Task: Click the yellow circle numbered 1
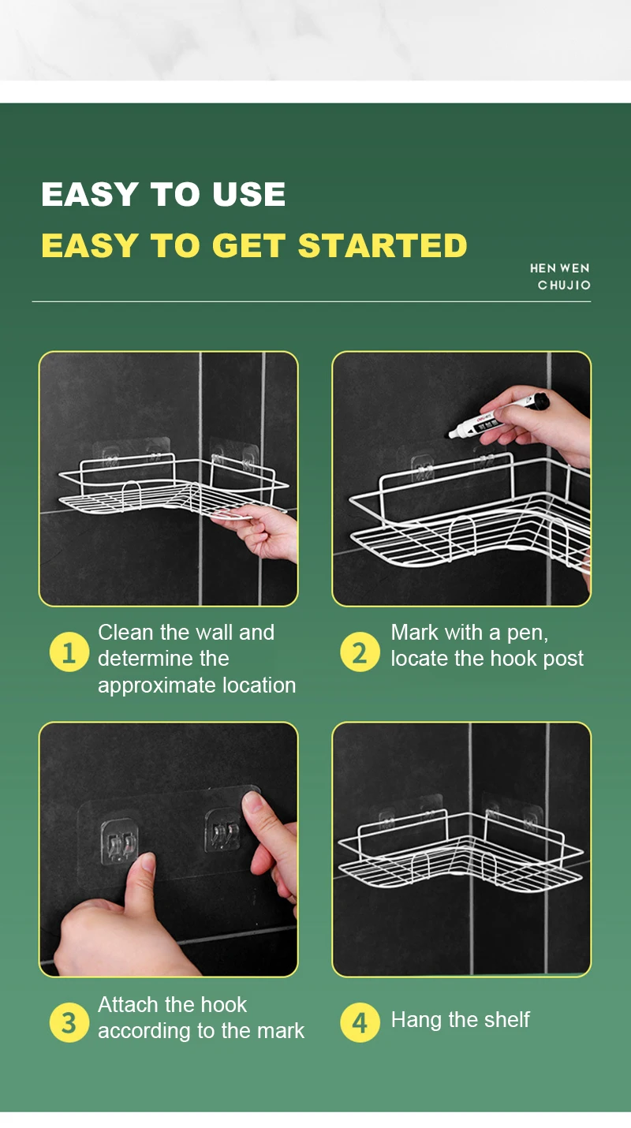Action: [x=69, y=652]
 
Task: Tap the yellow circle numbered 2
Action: [x=360, y=652]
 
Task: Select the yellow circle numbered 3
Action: [x=69, y=1022]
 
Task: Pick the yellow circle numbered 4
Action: [x=360, y=1022]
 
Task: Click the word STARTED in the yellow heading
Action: [x=383, y=245]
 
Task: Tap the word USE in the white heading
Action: [x=248, y=194]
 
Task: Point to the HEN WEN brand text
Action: [x=559, y=268]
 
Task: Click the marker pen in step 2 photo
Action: [x=498, y=416]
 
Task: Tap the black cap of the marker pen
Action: [x=539, y=402]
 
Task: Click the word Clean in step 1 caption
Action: [x=125, y=633]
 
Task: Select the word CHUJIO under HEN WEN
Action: [x=564, y=285]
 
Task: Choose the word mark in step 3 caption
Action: [x=281, y=1031]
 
